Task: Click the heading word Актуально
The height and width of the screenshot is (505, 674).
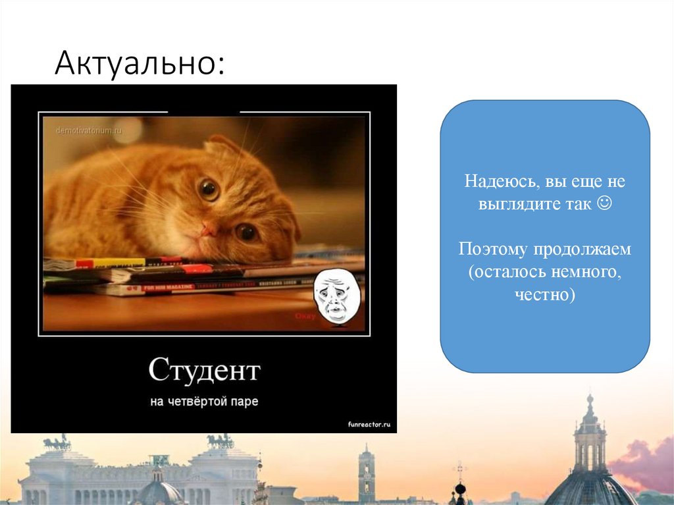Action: click(x=139, y=65)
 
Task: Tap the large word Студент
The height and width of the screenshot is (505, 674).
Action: click(x=204, y=371)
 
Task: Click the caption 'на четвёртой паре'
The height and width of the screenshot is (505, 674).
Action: click(x=204, y=401)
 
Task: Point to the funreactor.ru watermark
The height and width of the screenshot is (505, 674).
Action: click(x=369, y=425)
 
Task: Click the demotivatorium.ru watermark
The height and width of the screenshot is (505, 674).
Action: click(x=90, y=130)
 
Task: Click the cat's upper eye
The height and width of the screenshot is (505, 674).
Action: click(x=209, y=190)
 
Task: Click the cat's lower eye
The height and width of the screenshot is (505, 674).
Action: click(x=247, y=231)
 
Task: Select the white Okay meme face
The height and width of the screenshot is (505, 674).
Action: click(x=336, y=296)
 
